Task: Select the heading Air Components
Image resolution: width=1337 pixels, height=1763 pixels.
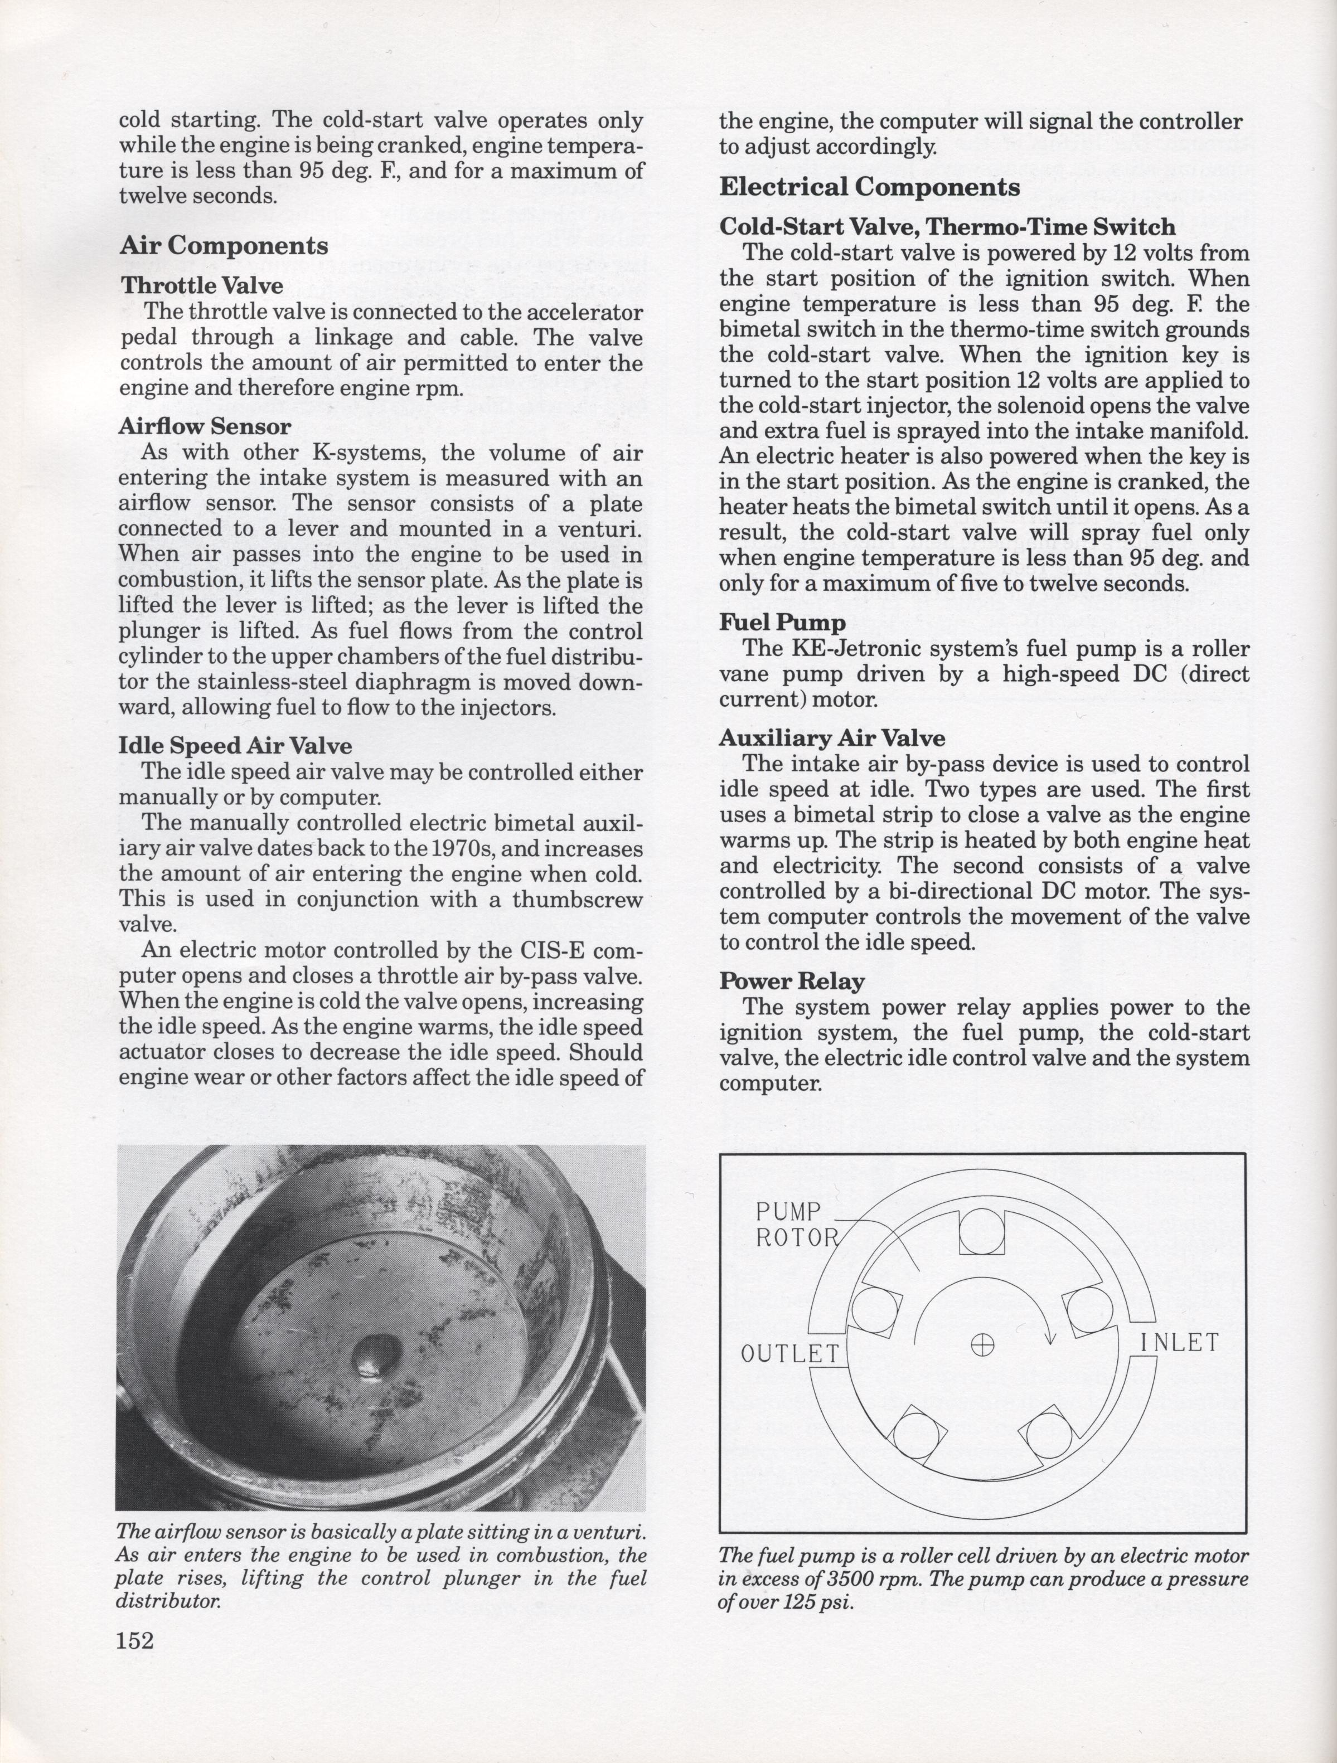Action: [224, 245]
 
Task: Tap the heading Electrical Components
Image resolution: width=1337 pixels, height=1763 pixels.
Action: [869, 187]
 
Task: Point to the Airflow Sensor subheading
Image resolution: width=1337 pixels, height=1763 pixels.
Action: [204, 426]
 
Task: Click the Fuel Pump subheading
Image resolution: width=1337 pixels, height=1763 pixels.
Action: [782, 621]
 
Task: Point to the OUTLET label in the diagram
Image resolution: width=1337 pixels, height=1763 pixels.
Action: [790, 1353]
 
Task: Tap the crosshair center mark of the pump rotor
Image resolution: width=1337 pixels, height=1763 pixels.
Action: [983, 1346]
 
